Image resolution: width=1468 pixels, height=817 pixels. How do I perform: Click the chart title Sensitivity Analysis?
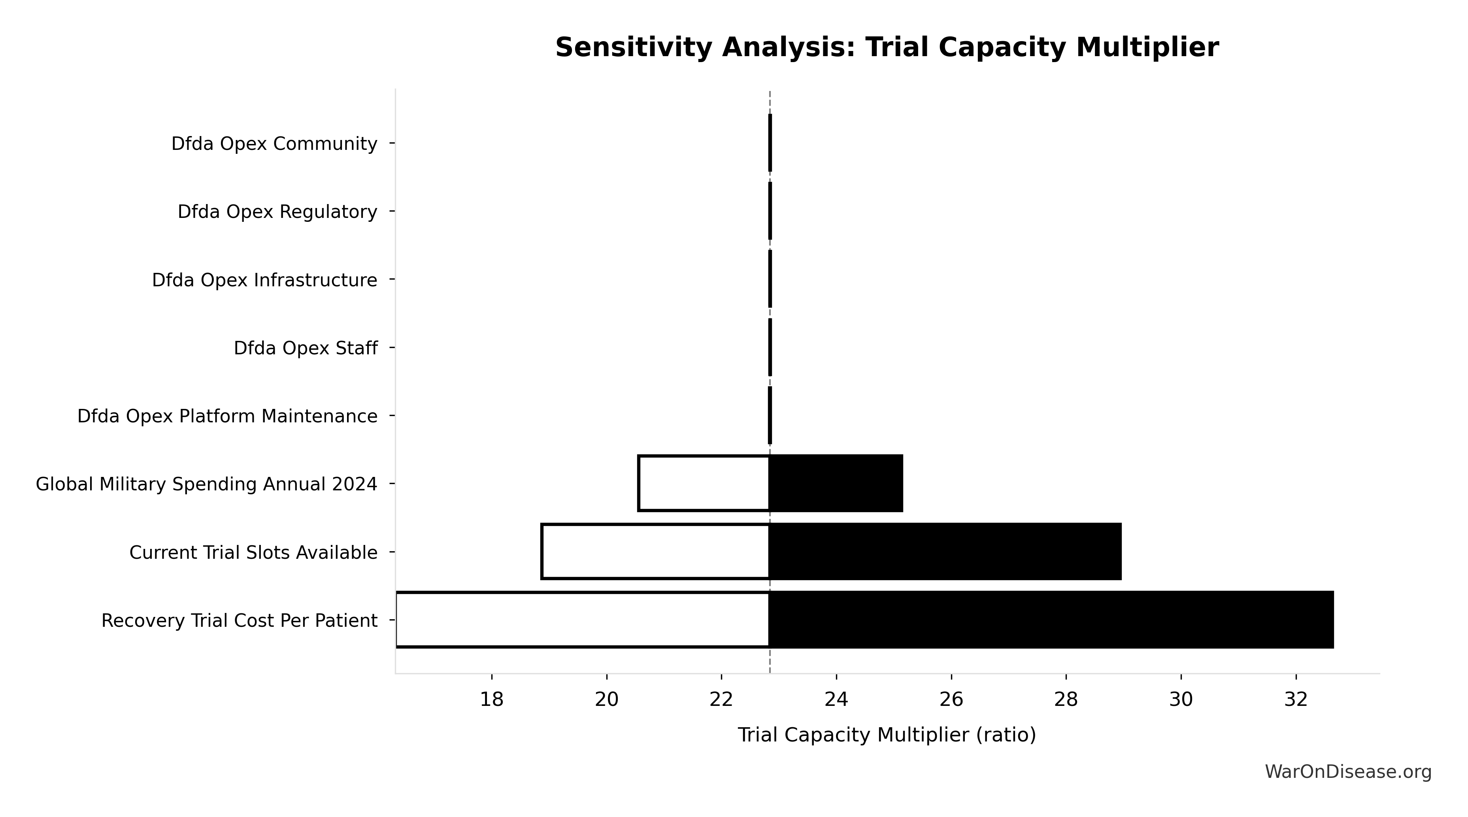(x=886, y=47)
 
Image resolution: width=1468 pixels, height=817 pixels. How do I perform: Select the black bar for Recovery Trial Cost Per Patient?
(x=1051, y=620)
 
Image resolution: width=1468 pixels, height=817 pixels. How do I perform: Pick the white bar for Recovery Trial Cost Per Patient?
(x=582, y=620)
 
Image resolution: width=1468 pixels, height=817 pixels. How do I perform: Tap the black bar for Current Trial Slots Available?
(x=945, y=551)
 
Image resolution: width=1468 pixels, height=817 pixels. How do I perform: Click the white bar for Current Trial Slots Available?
(x=655, y=551)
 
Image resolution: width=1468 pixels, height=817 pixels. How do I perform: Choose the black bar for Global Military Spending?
(x=836, y=484)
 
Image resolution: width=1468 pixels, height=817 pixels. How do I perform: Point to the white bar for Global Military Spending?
(x=704, y=484)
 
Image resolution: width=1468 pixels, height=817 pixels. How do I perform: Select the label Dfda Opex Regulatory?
(x=277, y=212)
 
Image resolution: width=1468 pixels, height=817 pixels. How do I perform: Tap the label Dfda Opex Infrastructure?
(x=264, y=280)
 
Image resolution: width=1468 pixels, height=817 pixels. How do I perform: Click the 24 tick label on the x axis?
(x=836, y=699)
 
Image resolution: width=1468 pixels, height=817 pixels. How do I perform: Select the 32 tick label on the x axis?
(x=1296, y=699)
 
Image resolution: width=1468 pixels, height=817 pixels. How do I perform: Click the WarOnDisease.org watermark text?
(x=1348, y=772)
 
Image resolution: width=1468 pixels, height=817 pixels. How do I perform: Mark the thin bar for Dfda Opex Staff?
(x=770, y=347)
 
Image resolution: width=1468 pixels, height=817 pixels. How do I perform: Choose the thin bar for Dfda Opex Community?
(x=770, y=143)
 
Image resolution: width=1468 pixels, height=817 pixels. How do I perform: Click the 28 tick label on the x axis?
(x=1066, y=699)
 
